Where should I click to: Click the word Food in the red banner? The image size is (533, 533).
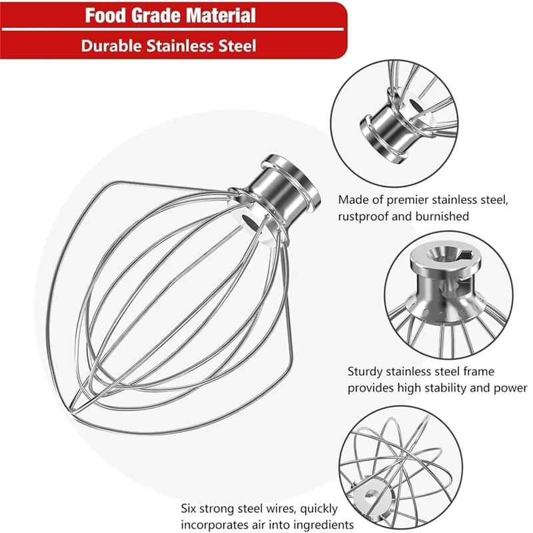106,15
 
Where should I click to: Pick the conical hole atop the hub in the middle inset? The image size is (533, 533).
436,253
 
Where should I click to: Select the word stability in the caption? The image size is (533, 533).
443,388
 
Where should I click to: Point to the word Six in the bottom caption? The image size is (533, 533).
189,508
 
